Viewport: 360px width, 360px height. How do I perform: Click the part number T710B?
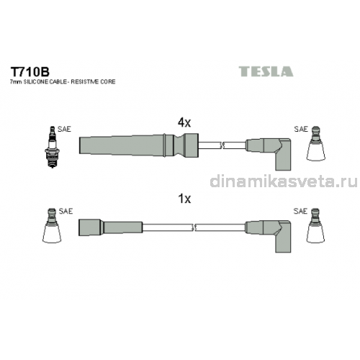pos(30,71)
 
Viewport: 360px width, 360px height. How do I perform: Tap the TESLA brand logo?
pos(266,71)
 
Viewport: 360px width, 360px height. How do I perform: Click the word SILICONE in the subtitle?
pos(35,82)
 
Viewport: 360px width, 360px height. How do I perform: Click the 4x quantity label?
pos(184,122)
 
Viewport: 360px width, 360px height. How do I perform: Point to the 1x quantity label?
pos(184,199)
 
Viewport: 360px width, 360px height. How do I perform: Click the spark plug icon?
pos(53,147)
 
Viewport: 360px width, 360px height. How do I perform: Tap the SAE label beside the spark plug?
pos(64,129)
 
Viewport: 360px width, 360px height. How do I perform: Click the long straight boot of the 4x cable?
pos(138,145)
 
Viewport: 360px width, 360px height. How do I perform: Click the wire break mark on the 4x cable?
pos(222,145)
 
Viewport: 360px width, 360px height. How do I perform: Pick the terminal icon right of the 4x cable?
pos(316,143)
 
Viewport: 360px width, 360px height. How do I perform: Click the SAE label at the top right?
pos(301,129)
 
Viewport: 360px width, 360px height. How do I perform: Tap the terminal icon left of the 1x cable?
pos(52,225)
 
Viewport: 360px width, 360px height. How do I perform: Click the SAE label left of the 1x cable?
pos(66,211)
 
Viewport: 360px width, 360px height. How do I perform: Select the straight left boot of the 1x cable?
pos(110,227)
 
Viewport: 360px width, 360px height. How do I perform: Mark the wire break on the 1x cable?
pos(194,228)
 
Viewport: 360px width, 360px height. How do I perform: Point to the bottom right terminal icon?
pos(315,225)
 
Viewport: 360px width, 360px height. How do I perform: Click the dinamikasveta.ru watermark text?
pos(284,181)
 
